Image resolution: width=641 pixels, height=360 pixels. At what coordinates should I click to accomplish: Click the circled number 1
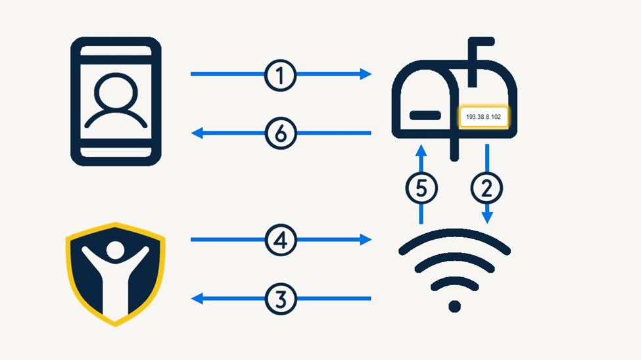pyautogui.click(x=281, y=74)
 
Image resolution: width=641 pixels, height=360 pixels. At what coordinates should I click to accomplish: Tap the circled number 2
pyautogui.click(x=487, y=188)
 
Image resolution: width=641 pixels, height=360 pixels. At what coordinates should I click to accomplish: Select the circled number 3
pyautogui.click(x=281, y=299)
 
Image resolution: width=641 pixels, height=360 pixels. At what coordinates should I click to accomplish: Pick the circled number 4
pyautogui.click(x=281, y=240)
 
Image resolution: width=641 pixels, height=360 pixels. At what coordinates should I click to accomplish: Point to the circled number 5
pyautogui.click(x=421, y=188)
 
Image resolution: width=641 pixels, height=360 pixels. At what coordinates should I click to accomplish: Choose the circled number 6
pyautogui.click(x=281, y=133)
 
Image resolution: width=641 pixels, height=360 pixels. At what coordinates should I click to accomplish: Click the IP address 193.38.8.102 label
pyautogui.click(x=483, y=117)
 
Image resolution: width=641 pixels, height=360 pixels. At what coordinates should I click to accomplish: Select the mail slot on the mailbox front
pyautogui.click(x=425, y=116)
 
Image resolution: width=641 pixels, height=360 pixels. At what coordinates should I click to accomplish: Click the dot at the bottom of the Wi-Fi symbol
pyautogui.click(x=454, y=306)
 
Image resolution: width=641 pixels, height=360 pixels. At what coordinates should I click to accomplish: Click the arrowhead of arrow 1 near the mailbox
pyautogui.click(x=366, y=74)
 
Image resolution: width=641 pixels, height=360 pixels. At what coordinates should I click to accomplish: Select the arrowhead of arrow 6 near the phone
pyautogui.click(x=196, y=133)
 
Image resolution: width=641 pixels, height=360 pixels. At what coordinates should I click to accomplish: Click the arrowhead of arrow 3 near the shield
pyautogui.click(x=196, y=299)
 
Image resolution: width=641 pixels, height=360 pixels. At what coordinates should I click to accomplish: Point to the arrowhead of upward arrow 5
pyautogui.click(x=421, y=150)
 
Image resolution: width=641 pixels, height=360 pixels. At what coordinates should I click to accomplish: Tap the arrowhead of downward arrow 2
pyautogui.click(x=487, y=219)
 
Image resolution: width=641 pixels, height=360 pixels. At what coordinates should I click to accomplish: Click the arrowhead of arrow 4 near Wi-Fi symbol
pyautogui.click(x=366, y=240)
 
